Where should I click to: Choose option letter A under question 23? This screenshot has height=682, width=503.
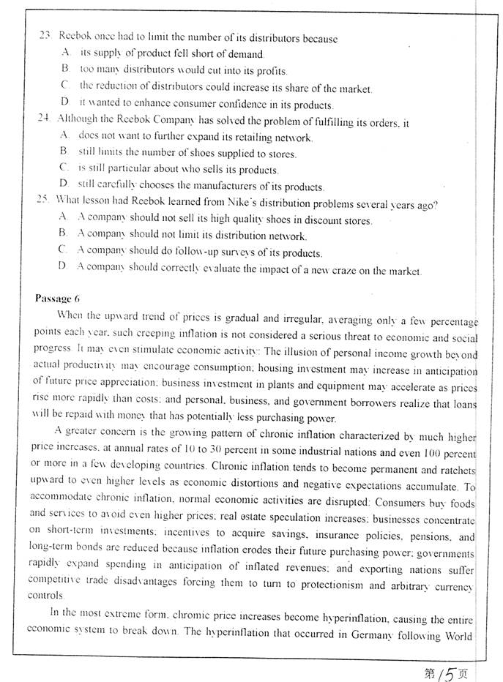[65, 53]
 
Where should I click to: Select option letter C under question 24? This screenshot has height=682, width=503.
[64, 169]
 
